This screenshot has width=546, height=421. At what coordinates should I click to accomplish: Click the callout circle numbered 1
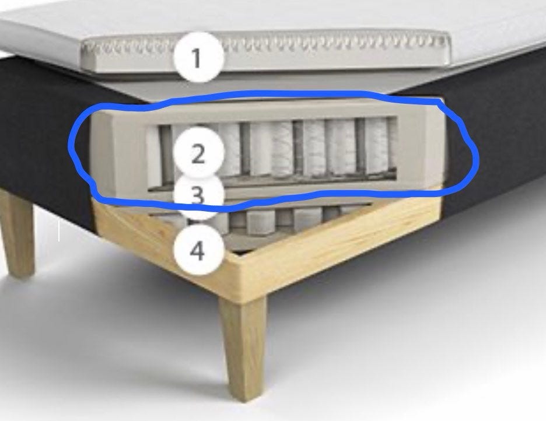point(198,57)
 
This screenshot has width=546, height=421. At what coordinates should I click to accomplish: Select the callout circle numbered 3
point(198,195)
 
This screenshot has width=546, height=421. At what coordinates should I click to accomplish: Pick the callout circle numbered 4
point(199,250)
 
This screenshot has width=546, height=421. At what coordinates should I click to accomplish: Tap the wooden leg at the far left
point(17,233)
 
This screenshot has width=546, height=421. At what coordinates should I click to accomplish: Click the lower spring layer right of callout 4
point(296,219)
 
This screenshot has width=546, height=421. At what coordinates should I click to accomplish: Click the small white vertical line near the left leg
point(59,230)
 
